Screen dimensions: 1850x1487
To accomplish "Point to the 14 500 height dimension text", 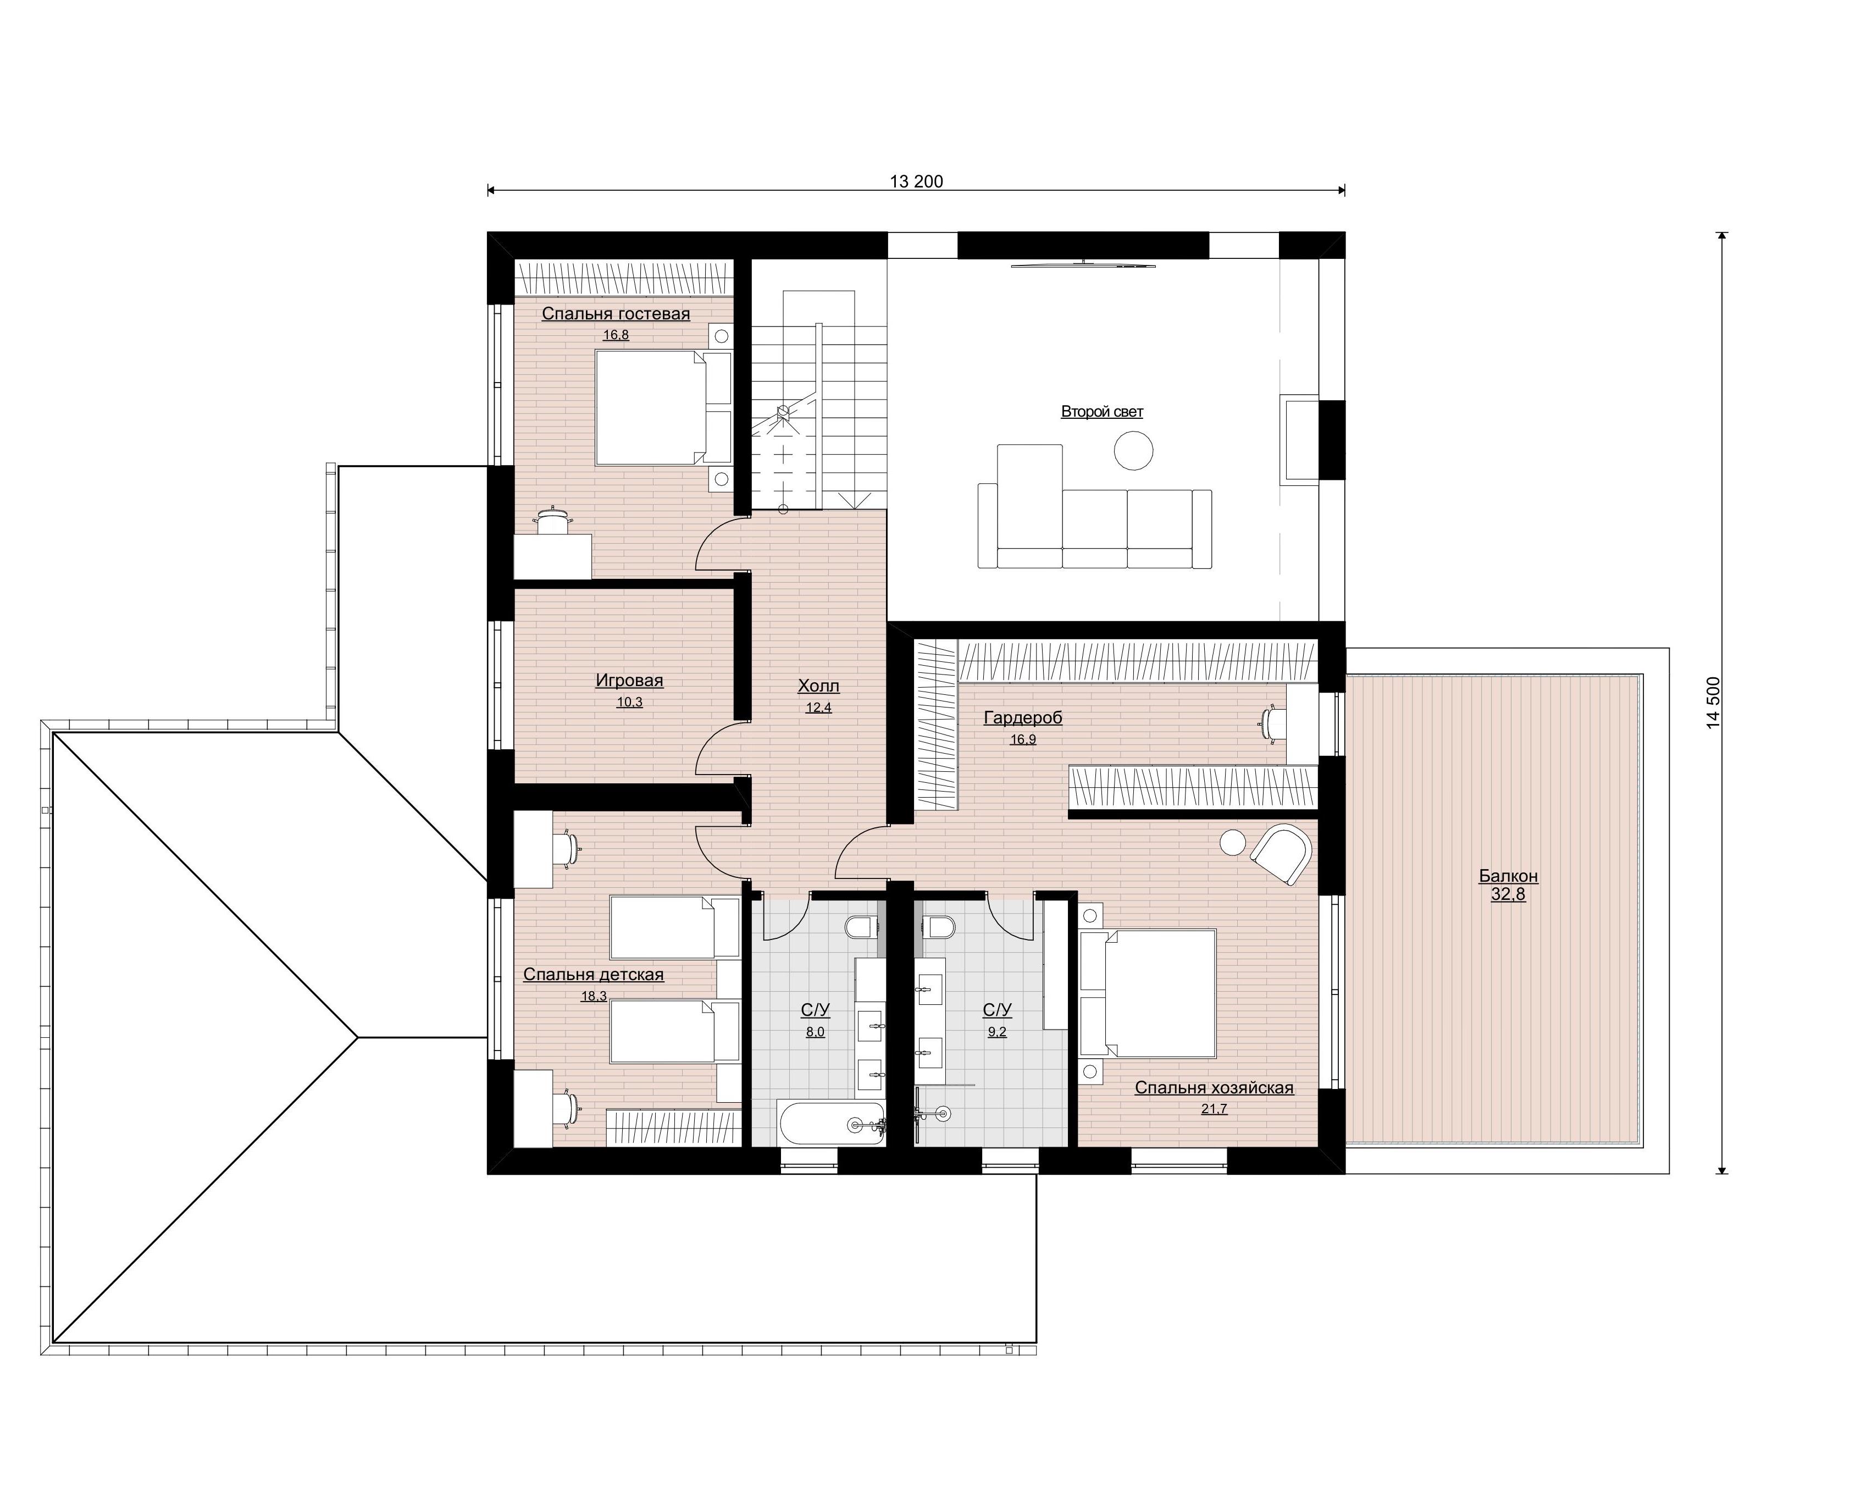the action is pyautogui.click(x=1714, y=703).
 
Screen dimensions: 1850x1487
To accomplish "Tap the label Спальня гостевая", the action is pyautogui.click(x=616, y=314).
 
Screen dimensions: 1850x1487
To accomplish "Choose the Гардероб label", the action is pyautogui.click(x=1023, y=717).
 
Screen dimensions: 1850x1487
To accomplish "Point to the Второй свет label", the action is pyautogui.click(x=1102, y=412).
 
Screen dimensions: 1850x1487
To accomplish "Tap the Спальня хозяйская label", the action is pyautogui.click(x=1214, y=1087).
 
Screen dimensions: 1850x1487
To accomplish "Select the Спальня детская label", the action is pyautogui.click(x=594, y=974).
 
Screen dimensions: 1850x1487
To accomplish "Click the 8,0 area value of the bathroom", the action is pyautogui.click(x=815, y=1032).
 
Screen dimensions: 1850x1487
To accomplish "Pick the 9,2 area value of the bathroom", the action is pyautogui.click(x=997, y=1032).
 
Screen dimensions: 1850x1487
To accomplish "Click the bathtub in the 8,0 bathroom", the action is pyautogui.click(x=830, y=1123).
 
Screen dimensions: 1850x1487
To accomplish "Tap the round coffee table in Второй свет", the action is pyautogui.click(x=1133, y=450).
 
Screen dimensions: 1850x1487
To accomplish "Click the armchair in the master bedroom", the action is pyautogui.click(x=1282, y=853).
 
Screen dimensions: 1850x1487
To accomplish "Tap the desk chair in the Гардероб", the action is pyautogui.click(x=1272, y=722).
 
